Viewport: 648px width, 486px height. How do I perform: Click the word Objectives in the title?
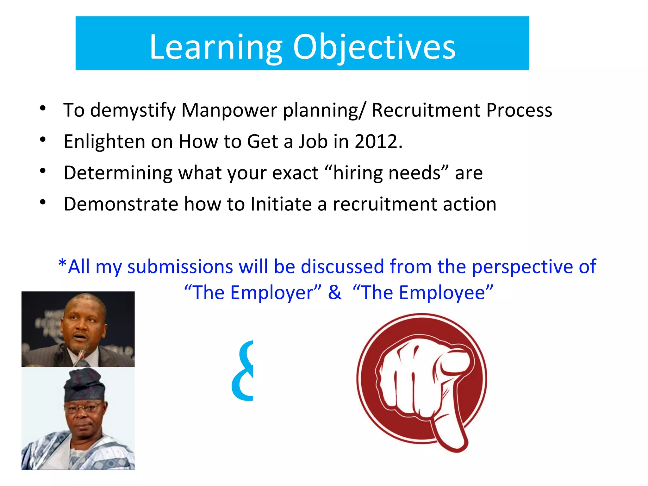[374, 47]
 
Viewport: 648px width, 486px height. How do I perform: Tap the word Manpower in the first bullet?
[229, 110]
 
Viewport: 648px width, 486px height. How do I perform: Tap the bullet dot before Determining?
[43, 171]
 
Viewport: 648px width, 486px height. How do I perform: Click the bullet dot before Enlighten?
[43, 140]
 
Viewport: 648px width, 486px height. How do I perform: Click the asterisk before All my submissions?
[62, 264]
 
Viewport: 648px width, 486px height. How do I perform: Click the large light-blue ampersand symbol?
[243, 371]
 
